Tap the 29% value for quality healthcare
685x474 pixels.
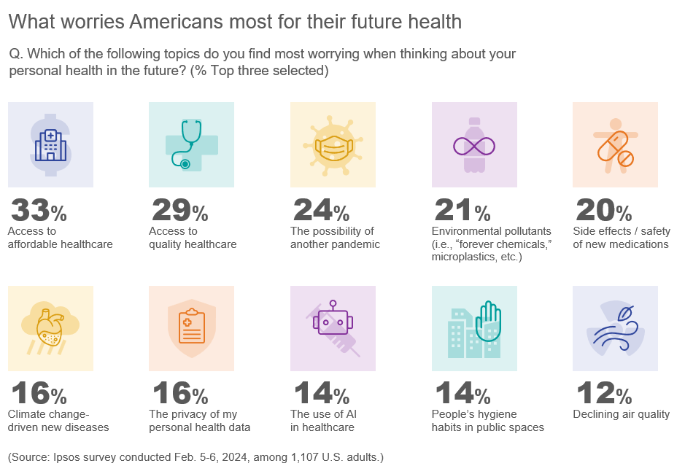pos(179,211)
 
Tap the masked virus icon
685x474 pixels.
pos(333,144)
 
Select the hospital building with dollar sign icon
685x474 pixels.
pos(50,144)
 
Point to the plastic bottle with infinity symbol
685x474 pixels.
pos(474,144)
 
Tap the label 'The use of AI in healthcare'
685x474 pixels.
pos(323,421)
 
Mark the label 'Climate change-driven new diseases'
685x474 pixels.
pos(58,421)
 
